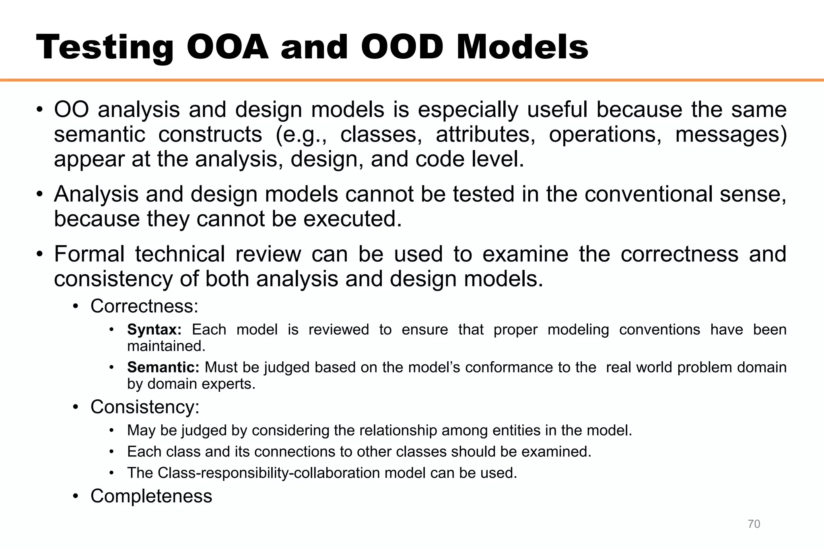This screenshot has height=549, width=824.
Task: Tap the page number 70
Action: click(754, 524)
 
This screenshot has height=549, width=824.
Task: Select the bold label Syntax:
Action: click(154, 330)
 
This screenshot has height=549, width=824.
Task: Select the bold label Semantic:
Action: click(163, 368)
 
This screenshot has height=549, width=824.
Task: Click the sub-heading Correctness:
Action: click(144, 306)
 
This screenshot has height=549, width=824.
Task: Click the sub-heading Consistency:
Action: click(145, 407)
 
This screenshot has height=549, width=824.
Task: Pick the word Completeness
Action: click(151, 496)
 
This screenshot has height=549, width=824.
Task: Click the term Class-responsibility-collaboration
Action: click(268, 473)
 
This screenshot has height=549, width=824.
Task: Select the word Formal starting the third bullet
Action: click(89, 255)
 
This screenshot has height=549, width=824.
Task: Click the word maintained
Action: click(166, 347)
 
